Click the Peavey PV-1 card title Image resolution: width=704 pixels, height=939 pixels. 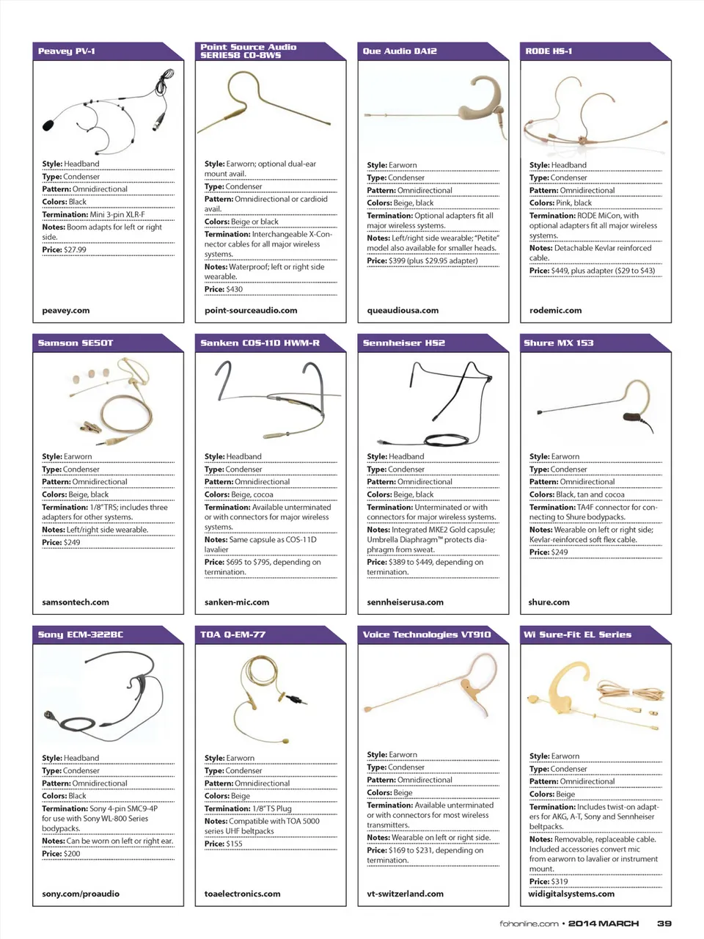[x=67, y=51]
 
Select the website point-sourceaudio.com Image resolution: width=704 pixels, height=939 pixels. [x=251, y=310]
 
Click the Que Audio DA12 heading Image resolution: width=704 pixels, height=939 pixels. [x=400, y=51]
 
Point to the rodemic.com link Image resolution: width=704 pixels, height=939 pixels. [x=555, y=310]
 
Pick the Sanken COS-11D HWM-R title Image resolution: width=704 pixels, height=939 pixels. [x=260, y=343]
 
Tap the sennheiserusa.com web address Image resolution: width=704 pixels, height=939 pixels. [x=405, y=602]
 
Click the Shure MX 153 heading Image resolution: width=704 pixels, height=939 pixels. [x=559, y=343]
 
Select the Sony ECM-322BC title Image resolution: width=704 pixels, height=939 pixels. [x=81, y=635]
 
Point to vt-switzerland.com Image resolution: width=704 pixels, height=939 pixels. [x=405, y=894]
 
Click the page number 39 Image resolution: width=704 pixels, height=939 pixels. [x=664, y=924]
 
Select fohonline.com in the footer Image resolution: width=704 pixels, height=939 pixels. [x=529, y=924]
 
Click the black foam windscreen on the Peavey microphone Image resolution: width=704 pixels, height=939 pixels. [x=48, y=125]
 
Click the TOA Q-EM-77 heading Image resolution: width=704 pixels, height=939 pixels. [x=232, y=635]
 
